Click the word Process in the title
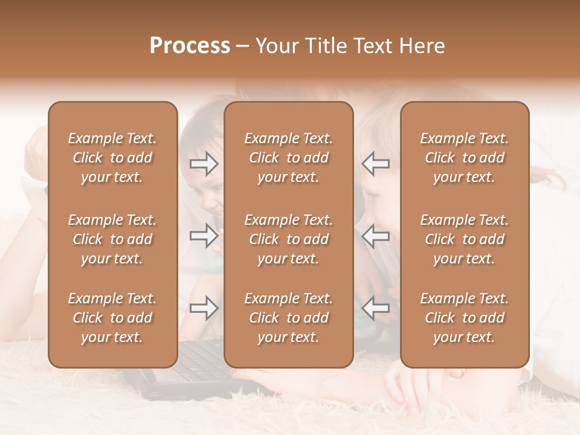[x=190, y=46]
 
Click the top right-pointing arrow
[x=204, y=163]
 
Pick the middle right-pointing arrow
[x=204, y=236]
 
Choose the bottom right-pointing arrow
[x=204, y=308]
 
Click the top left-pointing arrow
[x=376, y=163]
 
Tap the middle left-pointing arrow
[x=376, y=236]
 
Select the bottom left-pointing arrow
[x=376, y=308]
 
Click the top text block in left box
[x=112, y=158]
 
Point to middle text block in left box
[x=112, y=239]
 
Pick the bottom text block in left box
[x=112, y=318]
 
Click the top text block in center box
[x=288, y=158]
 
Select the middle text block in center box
[x=288, y=239]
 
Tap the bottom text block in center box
[x=288, y=318]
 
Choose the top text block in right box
[x=464, y=158]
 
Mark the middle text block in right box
[x=464, y=239]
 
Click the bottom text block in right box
[x=464, y=318]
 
